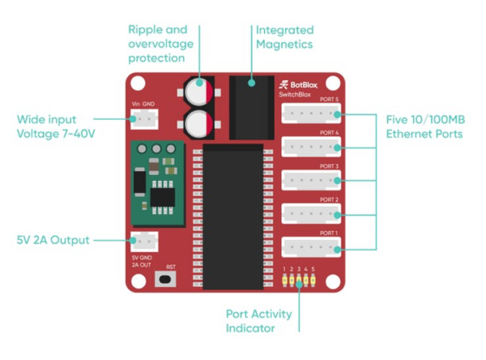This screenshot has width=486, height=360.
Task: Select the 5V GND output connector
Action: [144, 241]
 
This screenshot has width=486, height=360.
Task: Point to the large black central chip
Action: [233, 216]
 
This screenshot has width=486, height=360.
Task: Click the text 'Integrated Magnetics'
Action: [284, 36]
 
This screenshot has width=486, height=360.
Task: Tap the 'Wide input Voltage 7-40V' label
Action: [56, 126]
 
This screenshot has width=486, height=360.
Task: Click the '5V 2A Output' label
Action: [54, 240]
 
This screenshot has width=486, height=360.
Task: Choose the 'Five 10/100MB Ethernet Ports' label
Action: [424, 126]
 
